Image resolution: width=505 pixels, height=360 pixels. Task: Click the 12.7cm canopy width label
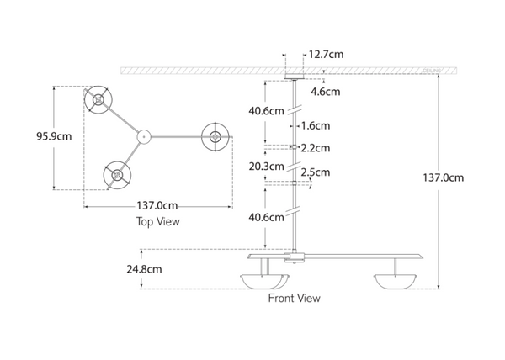326,55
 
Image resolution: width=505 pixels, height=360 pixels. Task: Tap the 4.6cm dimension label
326,91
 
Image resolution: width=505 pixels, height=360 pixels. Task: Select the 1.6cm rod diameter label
316,125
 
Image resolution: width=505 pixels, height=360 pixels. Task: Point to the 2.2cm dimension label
316,148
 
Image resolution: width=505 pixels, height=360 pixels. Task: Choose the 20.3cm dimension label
266,166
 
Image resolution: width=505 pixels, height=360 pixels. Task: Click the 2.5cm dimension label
316,172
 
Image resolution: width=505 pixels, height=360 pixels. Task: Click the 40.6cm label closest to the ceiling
266,110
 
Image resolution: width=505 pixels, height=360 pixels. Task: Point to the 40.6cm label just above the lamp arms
266,217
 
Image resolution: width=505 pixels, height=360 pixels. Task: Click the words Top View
158,222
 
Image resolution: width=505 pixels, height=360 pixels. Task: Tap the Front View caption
294,298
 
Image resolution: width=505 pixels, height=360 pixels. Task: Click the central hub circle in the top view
143,134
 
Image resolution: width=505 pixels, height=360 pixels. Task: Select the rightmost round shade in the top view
215,136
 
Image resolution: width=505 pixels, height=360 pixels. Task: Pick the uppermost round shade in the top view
97,100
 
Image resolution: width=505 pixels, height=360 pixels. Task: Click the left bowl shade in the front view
263,281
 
